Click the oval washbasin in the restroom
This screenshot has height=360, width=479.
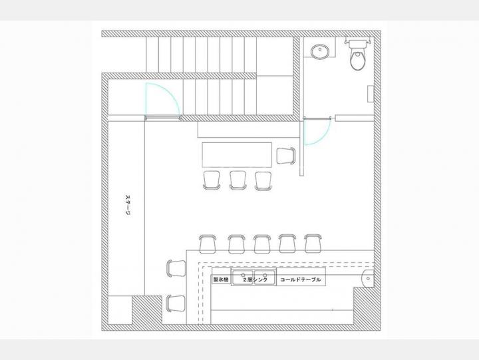[320, 51]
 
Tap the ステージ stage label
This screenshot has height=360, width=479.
[128, 205]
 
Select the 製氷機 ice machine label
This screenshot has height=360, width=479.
[221, 279]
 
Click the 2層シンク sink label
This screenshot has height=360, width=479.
[254, 279]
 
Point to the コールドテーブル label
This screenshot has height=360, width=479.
[301, 279]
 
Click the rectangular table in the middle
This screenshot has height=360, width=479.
[237, 154]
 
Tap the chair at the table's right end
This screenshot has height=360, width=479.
[286, 156]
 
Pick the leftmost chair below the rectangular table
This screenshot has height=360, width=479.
[212, 180]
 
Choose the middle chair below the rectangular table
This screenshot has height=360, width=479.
[238, 180]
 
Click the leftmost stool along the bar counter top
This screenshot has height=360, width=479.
[208, 244]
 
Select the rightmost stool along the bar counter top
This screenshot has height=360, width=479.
[313, 244]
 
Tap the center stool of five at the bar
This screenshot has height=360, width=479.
[262, 244]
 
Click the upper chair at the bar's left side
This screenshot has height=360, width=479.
[176, 269]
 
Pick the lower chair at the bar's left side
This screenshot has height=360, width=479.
[176, 303]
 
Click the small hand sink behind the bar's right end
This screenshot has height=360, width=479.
[367, 278]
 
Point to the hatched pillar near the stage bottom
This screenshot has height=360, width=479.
[147, 310]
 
